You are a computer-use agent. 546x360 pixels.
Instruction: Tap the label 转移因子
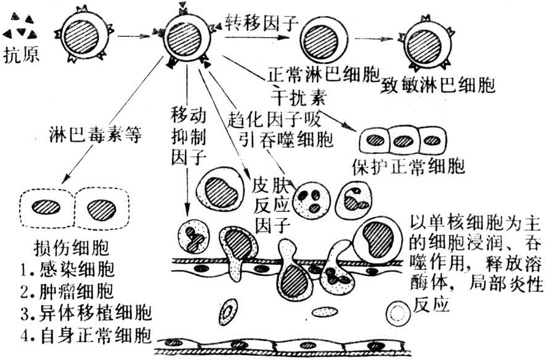coord(262,23)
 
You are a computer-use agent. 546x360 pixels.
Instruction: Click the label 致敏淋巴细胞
coord(438,84)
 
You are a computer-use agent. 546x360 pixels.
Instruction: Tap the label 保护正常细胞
coord(409,166)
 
